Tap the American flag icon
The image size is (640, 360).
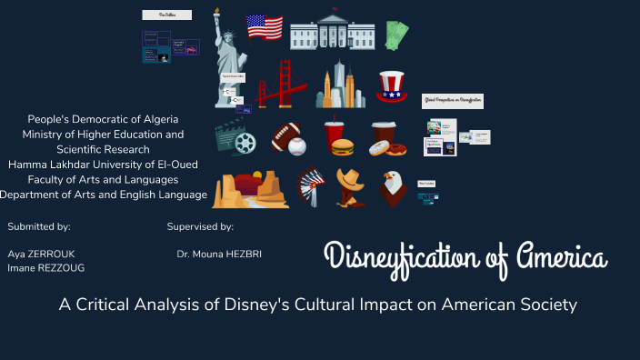[x=265, y=27]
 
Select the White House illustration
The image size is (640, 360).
[x=332, y=33]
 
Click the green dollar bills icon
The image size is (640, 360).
[x=395, y=35]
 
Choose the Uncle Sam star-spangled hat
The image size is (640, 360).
[x=393, y=87]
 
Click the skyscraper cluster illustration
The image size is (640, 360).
[x=339, y=86]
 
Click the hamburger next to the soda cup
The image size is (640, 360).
[x=343, y=146]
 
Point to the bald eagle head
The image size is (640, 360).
[x=393, y=187]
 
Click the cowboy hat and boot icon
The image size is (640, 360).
[x=349, y=187]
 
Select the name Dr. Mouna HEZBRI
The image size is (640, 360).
[x=219, y=254]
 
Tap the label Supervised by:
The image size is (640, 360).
[x=200, y=225]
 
